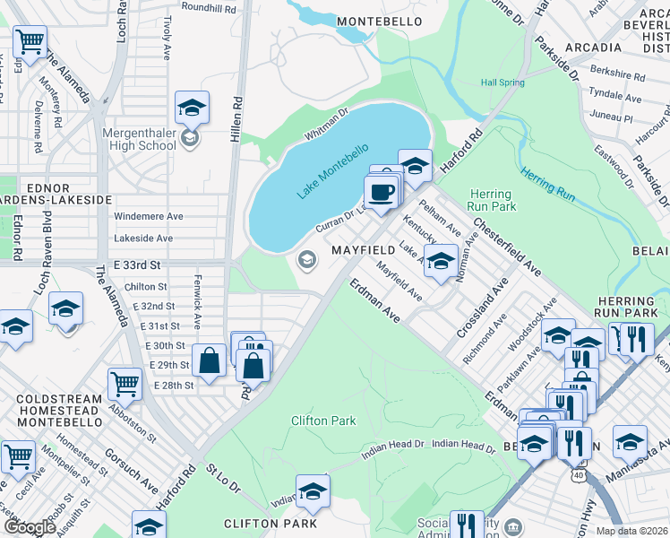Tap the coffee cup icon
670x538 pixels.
[x=382, y=192]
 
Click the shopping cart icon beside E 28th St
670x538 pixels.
[x=125, y=384]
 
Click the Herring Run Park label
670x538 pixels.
[x=490, y=200]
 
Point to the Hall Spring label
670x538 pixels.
[x=502, y=82]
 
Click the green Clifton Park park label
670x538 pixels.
[x=323, y=420]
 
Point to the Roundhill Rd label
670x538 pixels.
[x=208, y=7]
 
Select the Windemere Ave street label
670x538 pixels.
[x=148, y=216]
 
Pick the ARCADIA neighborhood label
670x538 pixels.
[x=592, y=47]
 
